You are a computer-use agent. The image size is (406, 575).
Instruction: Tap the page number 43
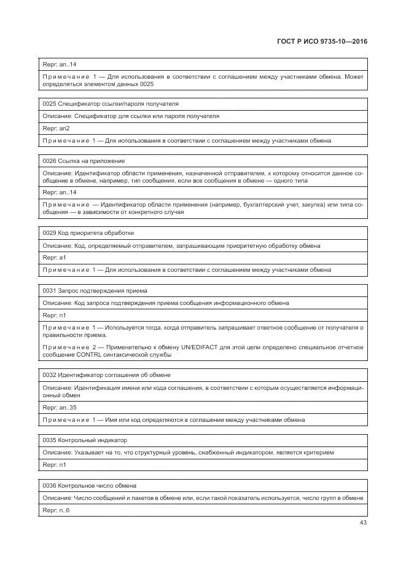(x=362, y=523)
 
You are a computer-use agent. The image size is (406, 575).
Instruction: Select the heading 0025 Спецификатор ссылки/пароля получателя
(x=102, y=104)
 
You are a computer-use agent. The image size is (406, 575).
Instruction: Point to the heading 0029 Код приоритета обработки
(x=88, y=233)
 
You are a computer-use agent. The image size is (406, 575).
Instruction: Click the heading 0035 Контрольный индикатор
(x=85, y=440)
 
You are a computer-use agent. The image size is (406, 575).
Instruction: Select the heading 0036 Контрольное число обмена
(x=89, y=485)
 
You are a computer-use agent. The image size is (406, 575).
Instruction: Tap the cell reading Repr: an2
(x=56, y=129)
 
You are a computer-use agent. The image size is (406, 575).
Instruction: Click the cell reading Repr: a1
(x=54, y=258)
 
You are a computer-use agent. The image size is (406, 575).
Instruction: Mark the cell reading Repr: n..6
(x=56, y=510)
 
